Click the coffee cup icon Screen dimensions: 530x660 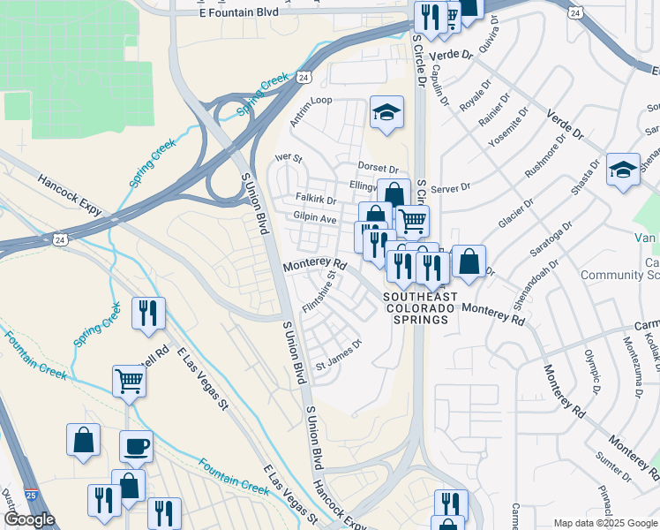coord(135,446)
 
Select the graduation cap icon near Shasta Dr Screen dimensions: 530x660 coord(623,169)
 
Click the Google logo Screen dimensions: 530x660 coord(29,519)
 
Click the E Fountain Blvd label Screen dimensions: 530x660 coord(239,11)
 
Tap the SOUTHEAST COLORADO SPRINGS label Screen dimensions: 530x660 coord(420,308)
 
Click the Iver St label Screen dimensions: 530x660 coord(289,159)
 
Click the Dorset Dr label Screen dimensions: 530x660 coord(379,168)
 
